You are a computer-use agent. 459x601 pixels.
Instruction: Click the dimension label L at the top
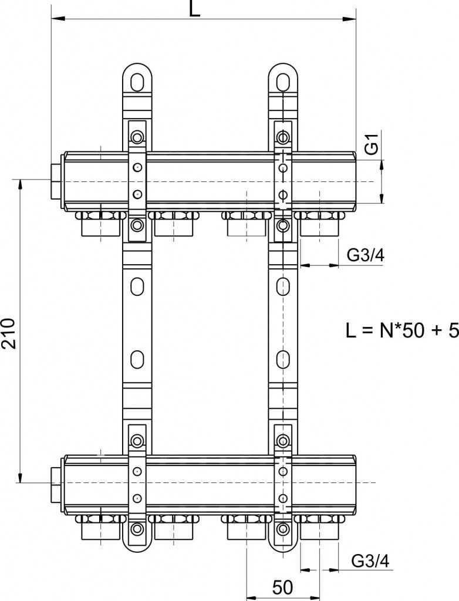point(194,8)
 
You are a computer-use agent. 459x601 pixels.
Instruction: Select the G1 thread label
point(372,144)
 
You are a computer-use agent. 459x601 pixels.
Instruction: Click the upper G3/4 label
point(366,255)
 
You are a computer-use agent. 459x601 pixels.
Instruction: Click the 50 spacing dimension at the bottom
point(282,588)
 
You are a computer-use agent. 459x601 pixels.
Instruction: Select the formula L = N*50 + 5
point(402,331)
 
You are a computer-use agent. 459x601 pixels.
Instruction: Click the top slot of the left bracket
point(137,81)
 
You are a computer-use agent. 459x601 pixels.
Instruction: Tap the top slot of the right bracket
point(283,81)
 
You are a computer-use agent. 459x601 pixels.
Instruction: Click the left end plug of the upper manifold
point(57,181)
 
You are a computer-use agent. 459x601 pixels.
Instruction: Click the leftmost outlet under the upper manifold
point(100,224)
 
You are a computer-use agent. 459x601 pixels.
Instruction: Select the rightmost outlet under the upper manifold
point(319,224)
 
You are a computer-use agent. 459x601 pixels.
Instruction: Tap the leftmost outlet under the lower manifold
point(100,526)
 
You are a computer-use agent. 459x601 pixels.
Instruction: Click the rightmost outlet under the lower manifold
point(319,526)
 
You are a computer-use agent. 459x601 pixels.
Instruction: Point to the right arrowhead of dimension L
point(349,18)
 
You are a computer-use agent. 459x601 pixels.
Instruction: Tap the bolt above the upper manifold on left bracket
point(137,136)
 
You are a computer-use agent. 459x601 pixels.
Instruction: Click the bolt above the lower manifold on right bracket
point(283,440)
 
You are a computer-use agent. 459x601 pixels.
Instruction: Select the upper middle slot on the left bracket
point(137,286)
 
